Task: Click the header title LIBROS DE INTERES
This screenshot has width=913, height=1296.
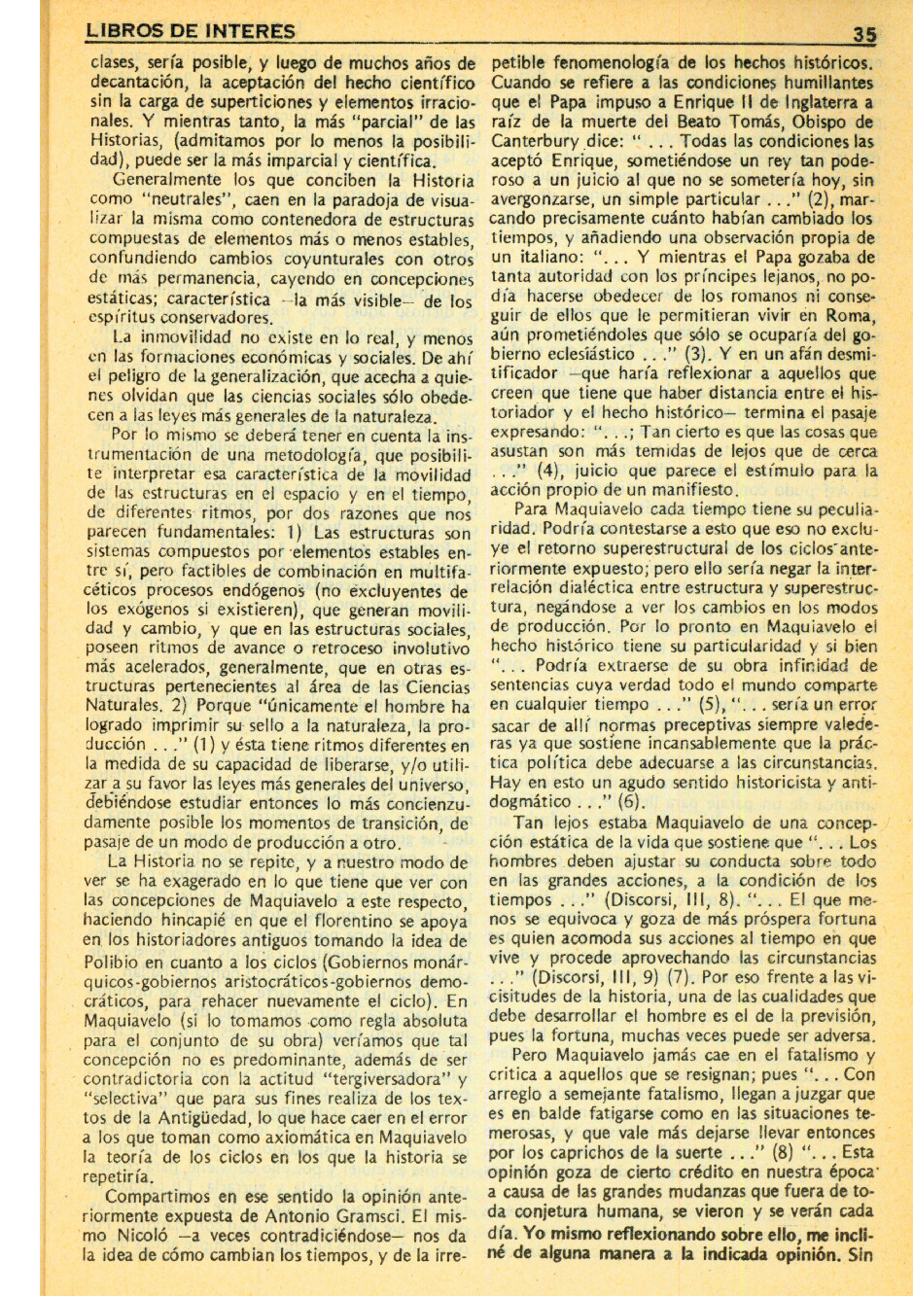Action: [191, 31]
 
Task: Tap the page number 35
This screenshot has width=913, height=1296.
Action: [863, 34]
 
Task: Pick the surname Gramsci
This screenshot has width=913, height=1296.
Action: [391, 1216]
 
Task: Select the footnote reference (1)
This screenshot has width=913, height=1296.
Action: [206, 746]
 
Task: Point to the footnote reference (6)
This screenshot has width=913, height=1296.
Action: [631, 802]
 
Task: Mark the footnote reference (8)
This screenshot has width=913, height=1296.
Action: [755, 1152]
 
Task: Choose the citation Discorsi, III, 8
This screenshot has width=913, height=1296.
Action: [675, 900]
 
